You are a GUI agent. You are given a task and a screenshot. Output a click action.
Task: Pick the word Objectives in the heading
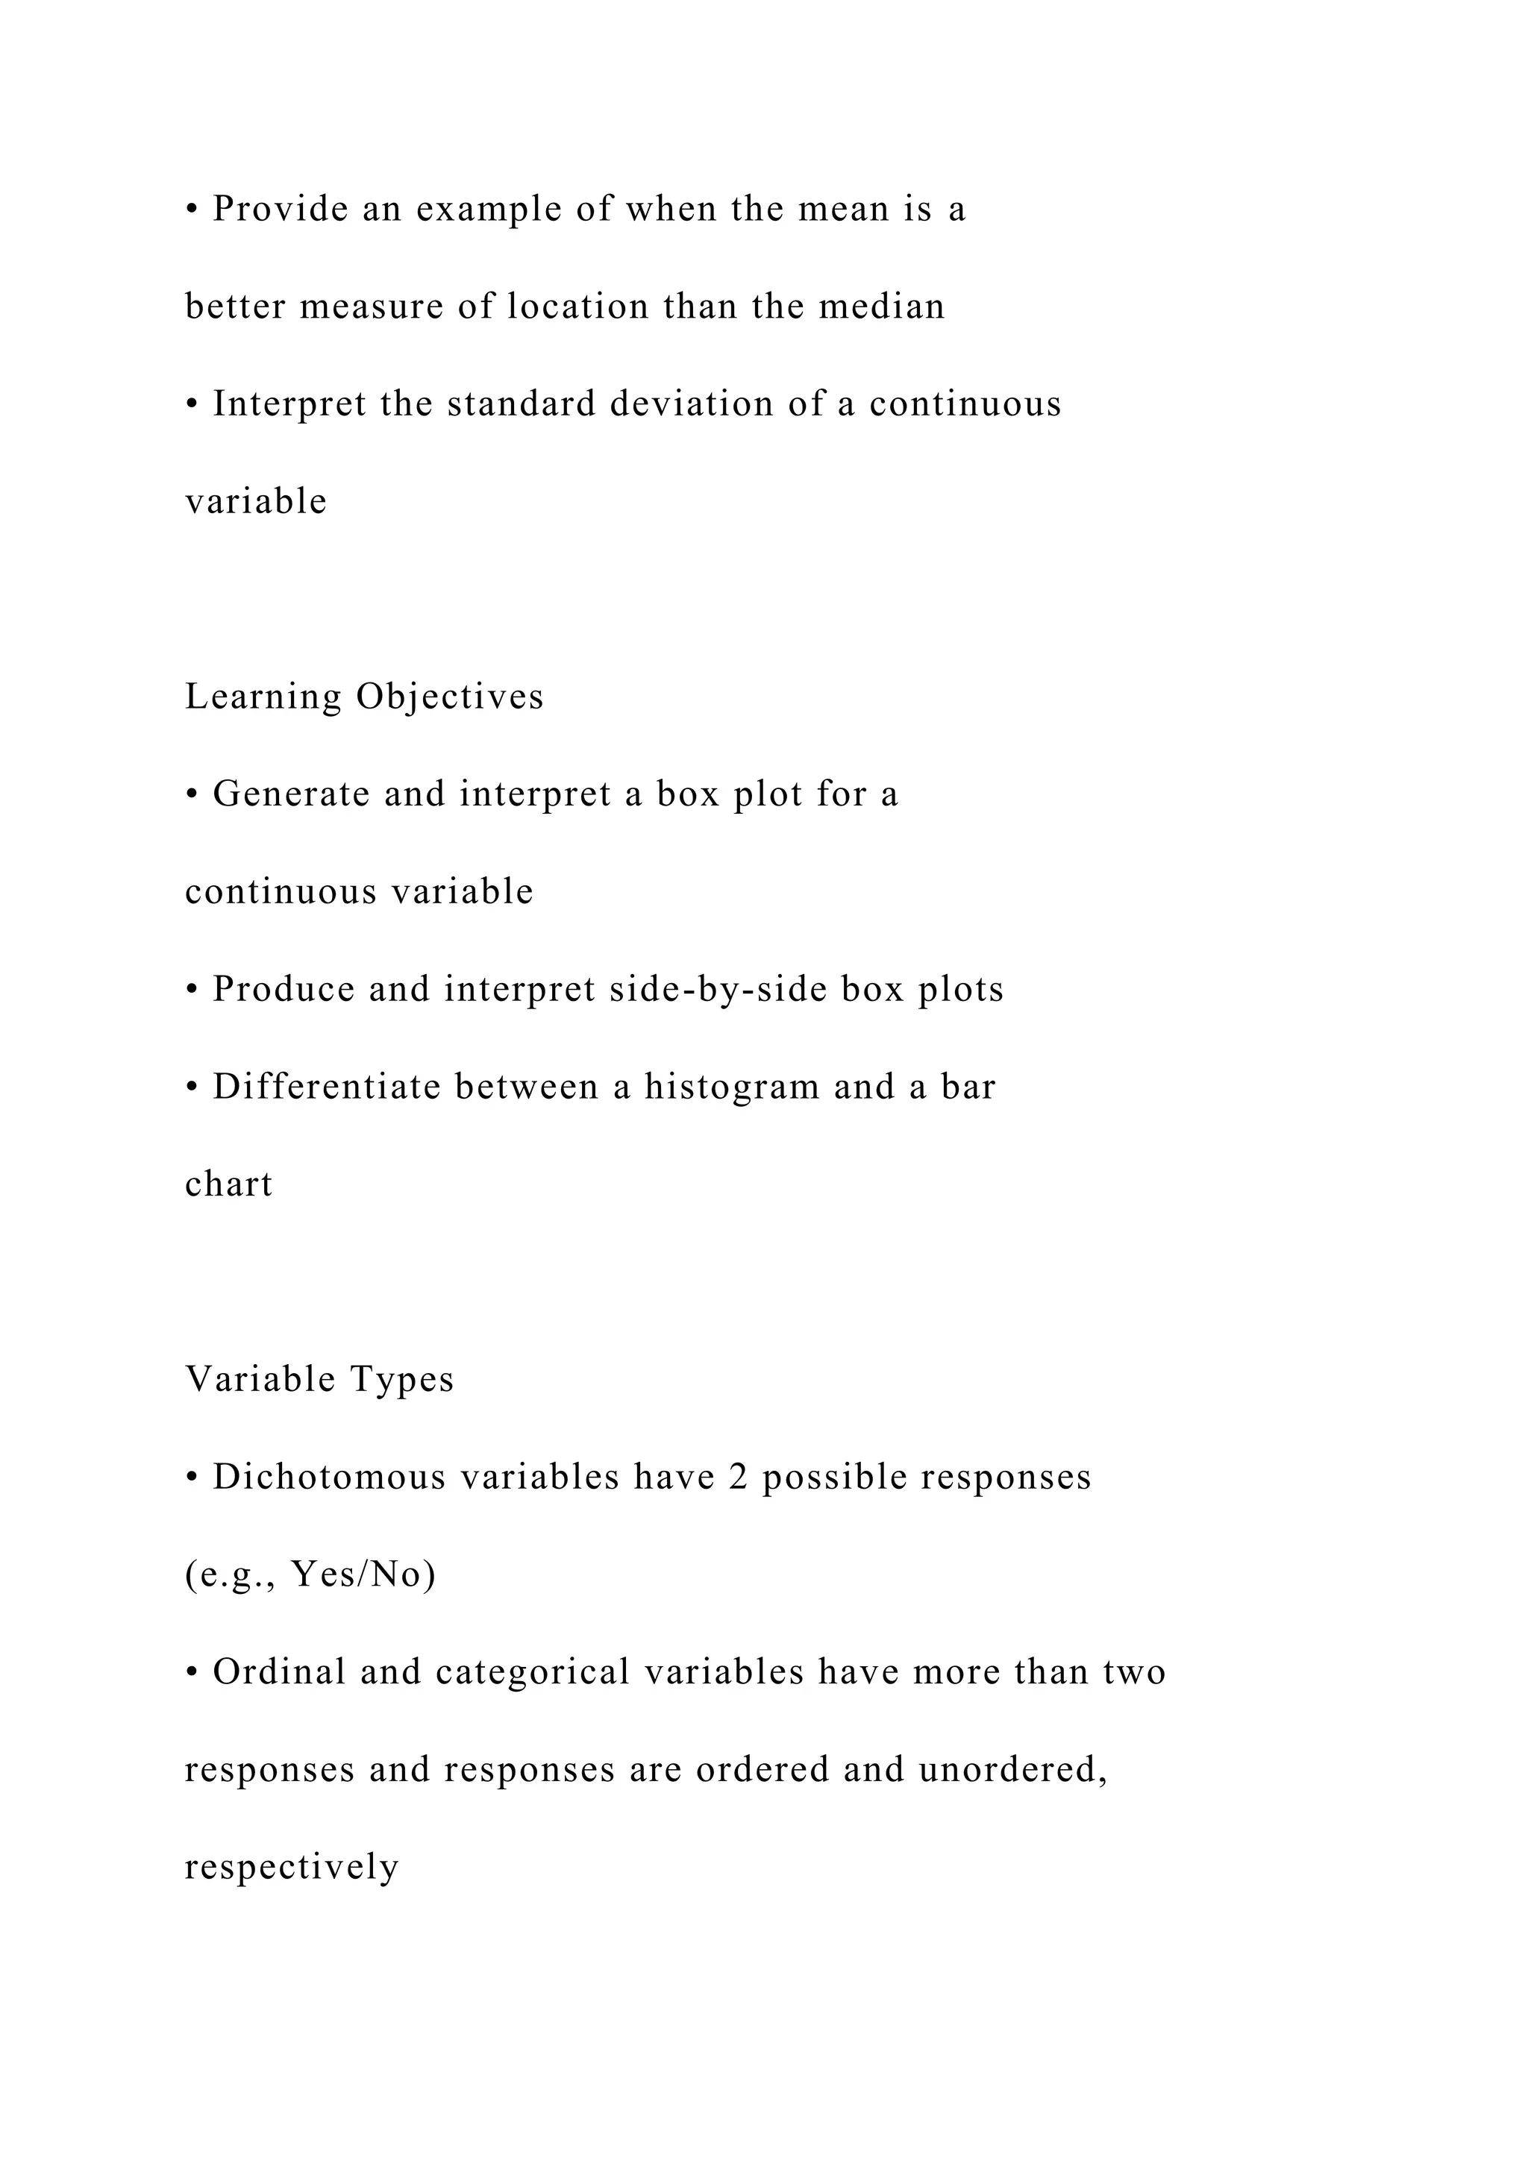click(450, 697)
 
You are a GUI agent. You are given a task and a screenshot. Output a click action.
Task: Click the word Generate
click(291, 794)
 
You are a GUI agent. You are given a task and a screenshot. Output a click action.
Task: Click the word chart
click(228, 1184)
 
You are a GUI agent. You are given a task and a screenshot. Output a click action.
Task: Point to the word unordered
click(1012, 1770)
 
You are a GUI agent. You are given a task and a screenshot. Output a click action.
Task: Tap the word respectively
click(292, 1868)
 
